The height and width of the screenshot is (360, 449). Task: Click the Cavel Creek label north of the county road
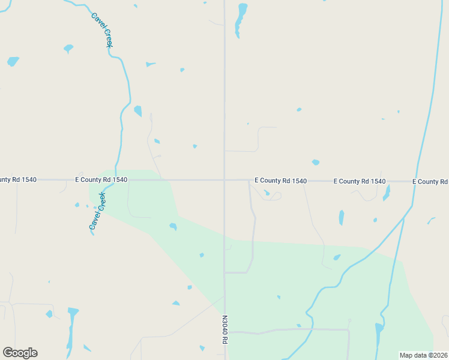point(102,31)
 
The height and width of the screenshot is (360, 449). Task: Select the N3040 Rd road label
point(225,330)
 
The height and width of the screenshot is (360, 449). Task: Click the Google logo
point(20,353)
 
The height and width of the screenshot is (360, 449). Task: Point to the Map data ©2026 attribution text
point(423,355)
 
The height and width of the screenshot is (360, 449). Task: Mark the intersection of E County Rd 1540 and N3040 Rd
point(224,179)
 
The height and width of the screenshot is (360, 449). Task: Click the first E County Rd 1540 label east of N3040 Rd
point(280,181)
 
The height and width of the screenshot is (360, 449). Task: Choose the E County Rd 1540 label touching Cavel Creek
point(101,179)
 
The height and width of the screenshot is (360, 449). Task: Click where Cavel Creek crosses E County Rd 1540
point(116,179)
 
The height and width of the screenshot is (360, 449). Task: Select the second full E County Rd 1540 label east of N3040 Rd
point(359,181)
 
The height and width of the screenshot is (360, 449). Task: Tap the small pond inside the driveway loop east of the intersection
point(267,193)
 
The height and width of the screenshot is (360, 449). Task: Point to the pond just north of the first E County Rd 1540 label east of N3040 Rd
point(315,163)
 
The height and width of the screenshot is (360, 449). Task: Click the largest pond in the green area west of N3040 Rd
point(173,227)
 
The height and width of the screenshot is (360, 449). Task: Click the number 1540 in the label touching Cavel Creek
point(119,179)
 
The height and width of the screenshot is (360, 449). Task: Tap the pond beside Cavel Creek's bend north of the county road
point(138,111)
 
